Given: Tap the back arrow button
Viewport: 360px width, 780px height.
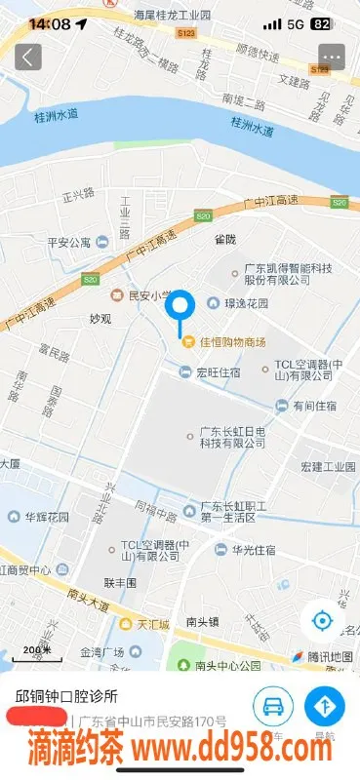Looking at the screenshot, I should click(28, 57).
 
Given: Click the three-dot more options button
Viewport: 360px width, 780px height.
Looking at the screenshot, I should click(332, 57).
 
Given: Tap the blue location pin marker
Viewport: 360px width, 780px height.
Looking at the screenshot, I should click(180, 311).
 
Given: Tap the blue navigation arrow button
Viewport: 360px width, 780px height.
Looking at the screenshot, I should click(324, 708).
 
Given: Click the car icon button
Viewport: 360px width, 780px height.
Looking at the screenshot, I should click(274, 708).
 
